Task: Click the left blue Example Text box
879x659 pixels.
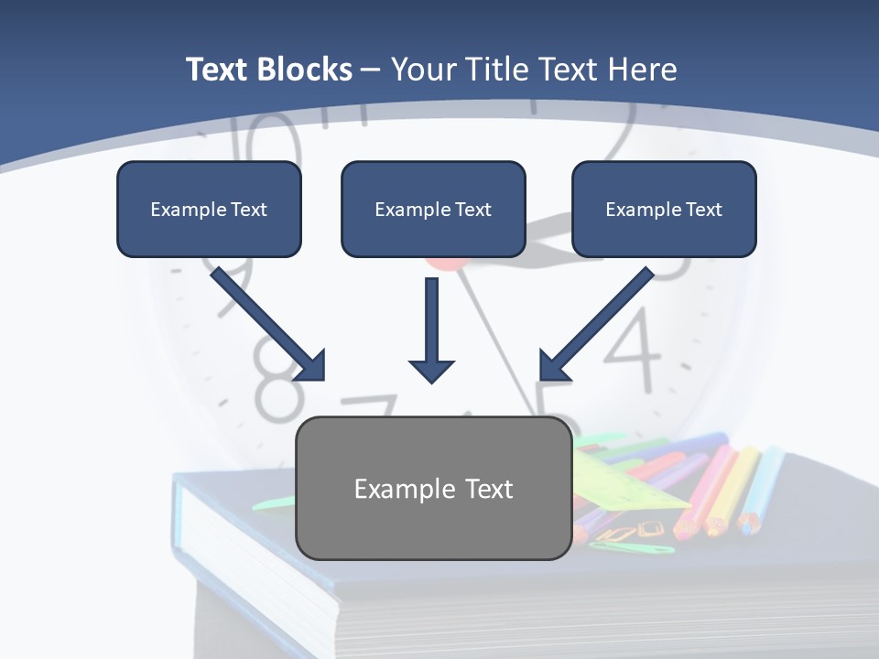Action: click(209, 209)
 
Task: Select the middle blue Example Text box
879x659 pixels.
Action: click(433, 209)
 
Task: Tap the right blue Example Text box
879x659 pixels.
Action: click(664, 209)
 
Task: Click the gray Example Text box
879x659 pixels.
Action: click(434, 489)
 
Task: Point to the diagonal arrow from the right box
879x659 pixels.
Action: click(596, 324)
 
